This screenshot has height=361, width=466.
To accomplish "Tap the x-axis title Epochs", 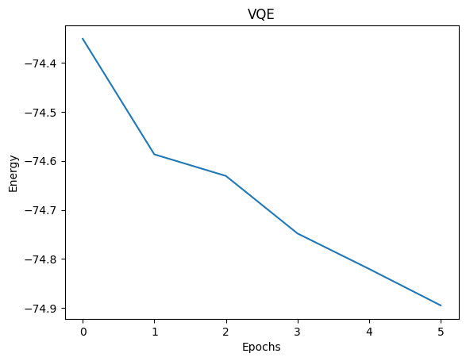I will coord(260,347).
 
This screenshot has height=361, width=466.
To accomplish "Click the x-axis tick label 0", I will coord(83,328).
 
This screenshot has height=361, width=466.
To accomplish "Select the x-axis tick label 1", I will coord(154,328).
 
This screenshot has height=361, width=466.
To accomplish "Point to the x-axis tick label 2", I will coord(226,328).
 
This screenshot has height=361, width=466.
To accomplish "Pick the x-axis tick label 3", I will coord(298,328).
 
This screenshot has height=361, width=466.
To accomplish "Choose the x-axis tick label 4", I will coord(369,328).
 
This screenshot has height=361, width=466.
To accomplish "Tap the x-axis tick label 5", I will coord(441,328).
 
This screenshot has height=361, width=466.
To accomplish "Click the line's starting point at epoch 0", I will coord(83,38).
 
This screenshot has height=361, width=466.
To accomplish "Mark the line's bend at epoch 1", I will coord(154,154).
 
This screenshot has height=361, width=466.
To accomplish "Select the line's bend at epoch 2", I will coord(226,175).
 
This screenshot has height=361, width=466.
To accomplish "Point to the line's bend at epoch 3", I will coord(298,233).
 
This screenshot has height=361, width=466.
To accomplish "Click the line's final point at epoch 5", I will coord(441,305).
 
